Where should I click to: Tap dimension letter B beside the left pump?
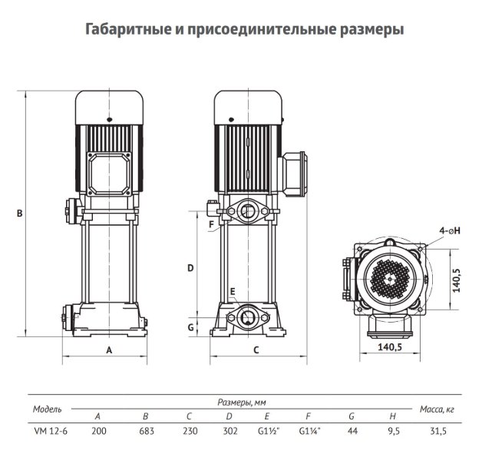tap(20, 213)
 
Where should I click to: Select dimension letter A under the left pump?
tap(109, 350)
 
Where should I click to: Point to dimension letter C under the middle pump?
tap(256, 350)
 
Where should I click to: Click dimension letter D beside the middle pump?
tap(190, 268)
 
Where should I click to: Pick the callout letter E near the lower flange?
tap(233, 291)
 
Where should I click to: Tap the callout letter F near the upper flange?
tap(211, 224)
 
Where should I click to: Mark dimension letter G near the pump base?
tap(190, 327)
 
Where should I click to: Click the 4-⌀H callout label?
tap(450, 230)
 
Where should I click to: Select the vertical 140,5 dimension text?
tap(457, 280)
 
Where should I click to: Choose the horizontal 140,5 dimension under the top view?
tap(390, 347)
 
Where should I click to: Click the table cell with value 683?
tap(147, 431)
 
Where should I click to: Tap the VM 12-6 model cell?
tap(51, 431)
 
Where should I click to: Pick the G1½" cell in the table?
tap(269, 431)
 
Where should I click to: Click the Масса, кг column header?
tap(437, 409)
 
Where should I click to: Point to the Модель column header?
tap(48, 409)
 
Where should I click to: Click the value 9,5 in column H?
tap(394, 431)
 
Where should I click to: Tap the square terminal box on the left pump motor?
tap(109, 174)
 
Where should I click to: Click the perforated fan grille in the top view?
tap(390, 279)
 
